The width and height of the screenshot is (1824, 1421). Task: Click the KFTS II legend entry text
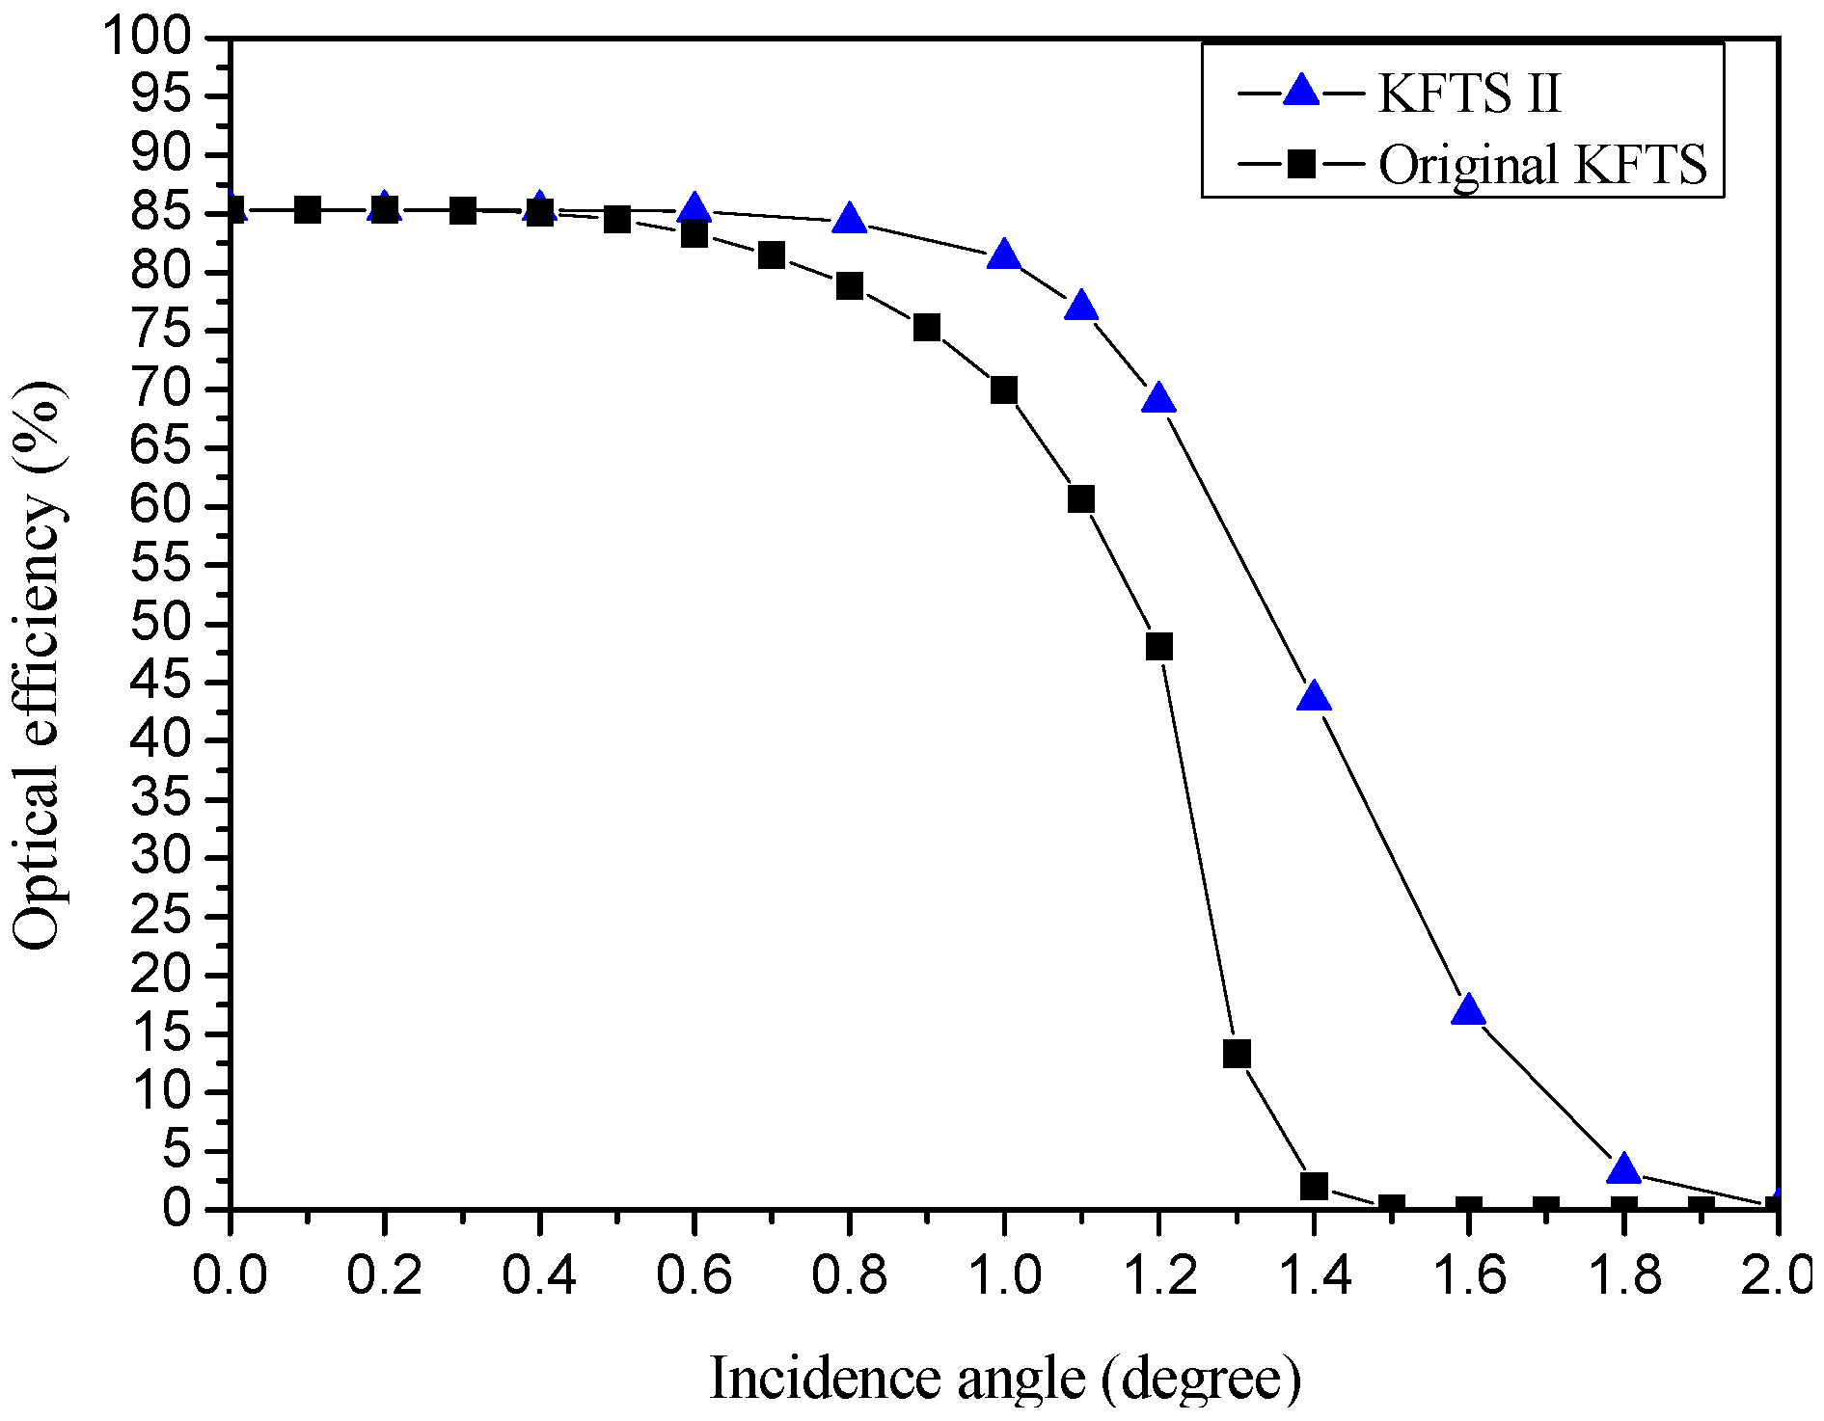[1468, 94]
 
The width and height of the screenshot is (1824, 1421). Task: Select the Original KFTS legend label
[1542, 165]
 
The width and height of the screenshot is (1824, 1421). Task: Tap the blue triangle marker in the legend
[1301, 92]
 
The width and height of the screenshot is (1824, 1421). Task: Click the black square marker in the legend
[1301, 164]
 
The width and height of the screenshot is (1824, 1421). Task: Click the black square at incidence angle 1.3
[1237, 1054]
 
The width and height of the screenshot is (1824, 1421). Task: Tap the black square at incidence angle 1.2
[1159, 646]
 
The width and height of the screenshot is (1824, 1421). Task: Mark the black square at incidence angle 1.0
[1004, 390]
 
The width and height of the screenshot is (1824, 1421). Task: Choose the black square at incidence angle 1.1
[1081, 498]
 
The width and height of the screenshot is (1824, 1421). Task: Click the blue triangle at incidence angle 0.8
[849, 219]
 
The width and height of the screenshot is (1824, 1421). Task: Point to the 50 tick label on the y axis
[161, 623]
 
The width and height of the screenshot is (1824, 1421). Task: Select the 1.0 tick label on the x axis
[1003, 1275]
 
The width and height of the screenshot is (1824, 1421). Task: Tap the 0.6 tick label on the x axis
[694, 1275]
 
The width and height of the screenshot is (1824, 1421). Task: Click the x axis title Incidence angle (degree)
[1004, 1379]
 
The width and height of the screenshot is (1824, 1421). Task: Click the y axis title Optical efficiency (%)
[39, 665]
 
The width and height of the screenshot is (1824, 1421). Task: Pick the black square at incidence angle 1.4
[1314, 1186]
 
